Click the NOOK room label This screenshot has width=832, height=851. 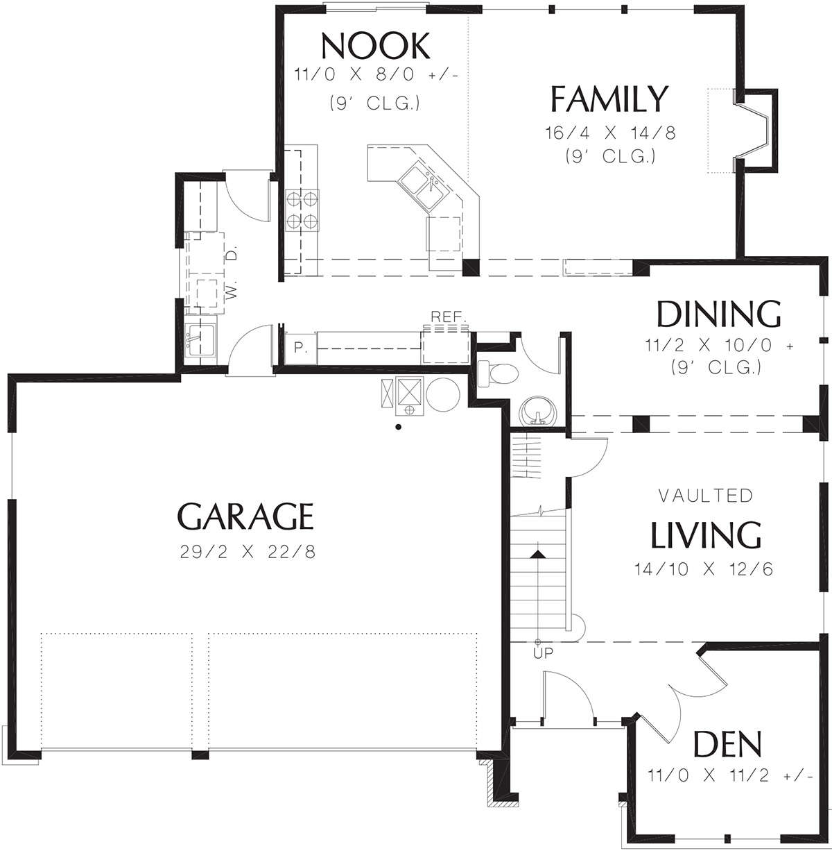375,46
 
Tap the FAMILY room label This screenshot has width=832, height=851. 609,99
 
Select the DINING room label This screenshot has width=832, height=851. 718,314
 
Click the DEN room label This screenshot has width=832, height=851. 727,743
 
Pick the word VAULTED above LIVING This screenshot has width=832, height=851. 706,496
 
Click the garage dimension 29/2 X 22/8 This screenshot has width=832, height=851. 248,552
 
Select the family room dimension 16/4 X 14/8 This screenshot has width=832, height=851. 611,133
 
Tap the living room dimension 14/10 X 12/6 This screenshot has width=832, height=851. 704,568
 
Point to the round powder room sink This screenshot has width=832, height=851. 538,411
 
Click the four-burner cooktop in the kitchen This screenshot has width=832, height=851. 302,210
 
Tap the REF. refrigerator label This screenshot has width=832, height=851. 448,317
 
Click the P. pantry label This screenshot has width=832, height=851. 300,348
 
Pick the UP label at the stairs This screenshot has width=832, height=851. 543,652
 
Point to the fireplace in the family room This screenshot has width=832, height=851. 754,130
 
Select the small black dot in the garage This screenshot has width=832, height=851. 399,427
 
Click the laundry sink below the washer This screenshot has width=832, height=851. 200,339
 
